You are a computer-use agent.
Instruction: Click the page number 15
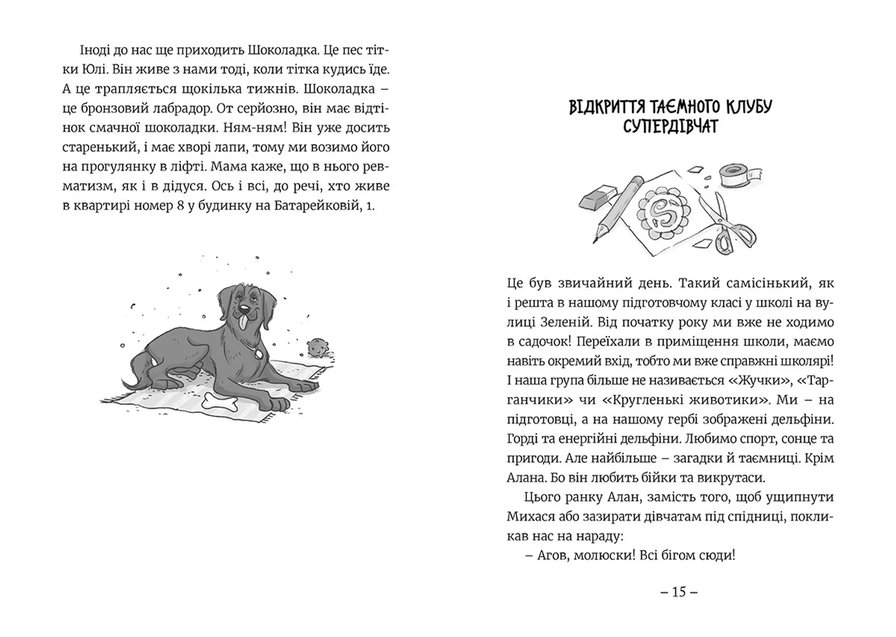point(679,592)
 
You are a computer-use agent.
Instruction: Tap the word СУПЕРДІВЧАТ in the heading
point(671,126)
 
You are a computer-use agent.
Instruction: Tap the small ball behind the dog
point(318,347)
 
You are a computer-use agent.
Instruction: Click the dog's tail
point(135,373)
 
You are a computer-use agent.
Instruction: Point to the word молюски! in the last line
point(599,556)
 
